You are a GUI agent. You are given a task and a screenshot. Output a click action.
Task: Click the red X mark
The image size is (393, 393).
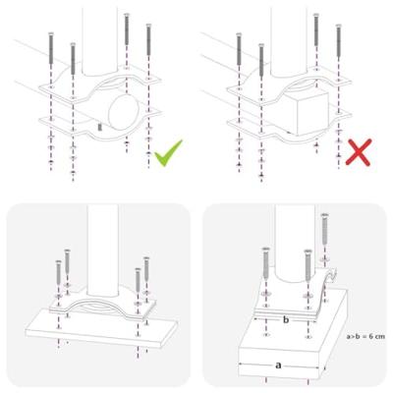[358, 152]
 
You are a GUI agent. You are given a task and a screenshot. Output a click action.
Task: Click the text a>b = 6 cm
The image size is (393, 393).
[365, 337]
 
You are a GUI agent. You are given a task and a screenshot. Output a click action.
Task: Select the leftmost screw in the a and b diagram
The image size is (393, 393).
[264, 263]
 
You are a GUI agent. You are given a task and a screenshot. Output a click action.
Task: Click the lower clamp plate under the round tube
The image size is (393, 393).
[69, 126]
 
